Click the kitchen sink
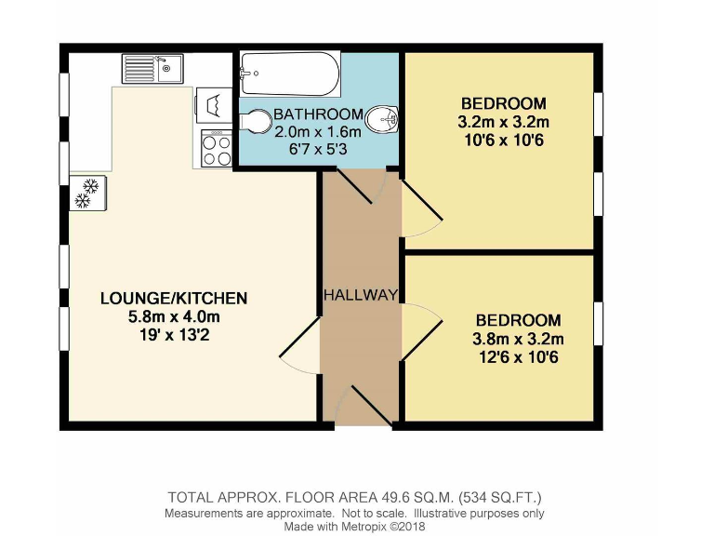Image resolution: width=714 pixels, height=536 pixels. coord(153,68)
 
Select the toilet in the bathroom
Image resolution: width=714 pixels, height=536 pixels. coord(253,122)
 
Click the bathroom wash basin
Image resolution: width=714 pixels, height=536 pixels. coord(383,120)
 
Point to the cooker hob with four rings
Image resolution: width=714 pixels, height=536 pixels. coord(217,149)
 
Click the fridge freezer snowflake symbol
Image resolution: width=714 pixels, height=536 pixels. coord(86,193)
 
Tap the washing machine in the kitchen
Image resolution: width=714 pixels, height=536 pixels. coord(214,103)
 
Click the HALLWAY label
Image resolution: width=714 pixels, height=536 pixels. coord(361,295)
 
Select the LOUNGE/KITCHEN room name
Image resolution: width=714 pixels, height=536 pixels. coord(174,298)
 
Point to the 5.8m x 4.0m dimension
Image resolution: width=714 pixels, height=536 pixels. coord(174,316)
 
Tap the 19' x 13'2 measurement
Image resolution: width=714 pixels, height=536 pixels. coord(174,335)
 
